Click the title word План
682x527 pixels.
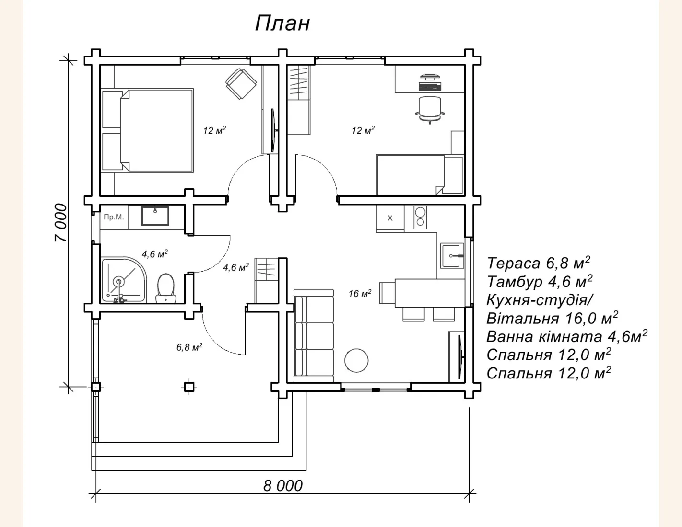tap(282, 24)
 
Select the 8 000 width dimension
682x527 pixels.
tap(283, 486)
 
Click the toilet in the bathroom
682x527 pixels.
tap(166, 288)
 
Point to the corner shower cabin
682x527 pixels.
tap(124, 280)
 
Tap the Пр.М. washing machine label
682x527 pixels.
tap(114, 217)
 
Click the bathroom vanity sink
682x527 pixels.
tap(155, 216)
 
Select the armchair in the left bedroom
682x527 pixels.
tap(241, 84)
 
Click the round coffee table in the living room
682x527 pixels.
tap(356, 361)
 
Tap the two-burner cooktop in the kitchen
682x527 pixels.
tap(420, 217)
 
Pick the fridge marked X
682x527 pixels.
tap(390, 218)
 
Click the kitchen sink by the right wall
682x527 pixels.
tap(452, 256)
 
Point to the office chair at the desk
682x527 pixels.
tap(430, 110)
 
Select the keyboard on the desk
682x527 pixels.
tap(430, 86)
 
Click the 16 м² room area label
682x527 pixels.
tap(360, 293)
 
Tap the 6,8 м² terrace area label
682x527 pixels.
tap(189, 347)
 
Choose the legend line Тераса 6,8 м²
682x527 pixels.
tap(538, 263)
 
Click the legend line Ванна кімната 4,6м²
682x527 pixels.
tap(567, 336)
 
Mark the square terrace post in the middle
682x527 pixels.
tap(189, 387)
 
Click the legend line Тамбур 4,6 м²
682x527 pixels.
tap(540, 281)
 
